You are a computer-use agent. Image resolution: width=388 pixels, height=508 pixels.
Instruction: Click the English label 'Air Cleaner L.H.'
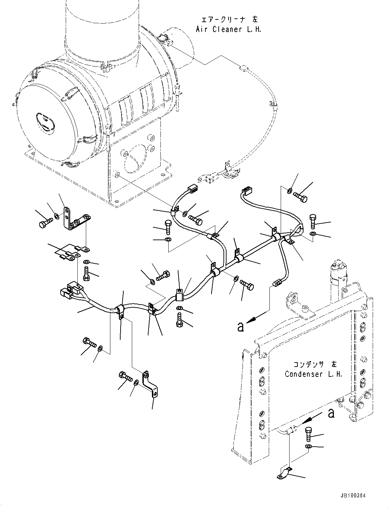point(229,29)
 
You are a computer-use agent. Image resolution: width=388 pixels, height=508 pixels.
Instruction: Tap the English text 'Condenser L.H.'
point(313,374)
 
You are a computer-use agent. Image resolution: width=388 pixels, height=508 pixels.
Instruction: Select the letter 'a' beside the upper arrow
point(241,327)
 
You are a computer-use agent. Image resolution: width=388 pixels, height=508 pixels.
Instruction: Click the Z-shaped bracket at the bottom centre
point(150,385)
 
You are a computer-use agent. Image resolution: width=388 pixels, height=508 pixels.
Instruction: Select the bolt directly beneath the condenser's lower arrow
point(309,433)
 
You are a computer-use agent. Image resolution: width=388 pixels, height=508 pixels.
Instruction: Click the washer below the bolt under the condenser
point(308,446)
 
